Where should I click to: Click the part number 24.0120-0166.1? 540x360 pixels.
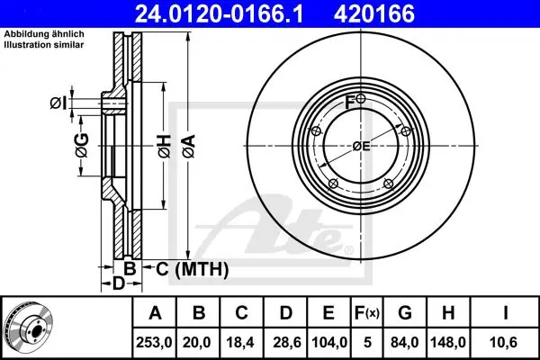tap(219, 13)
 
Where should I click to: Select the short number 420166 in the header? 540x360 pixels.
tap(374, 13)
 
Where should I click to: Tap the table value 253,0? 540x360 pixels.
tap(154, 342)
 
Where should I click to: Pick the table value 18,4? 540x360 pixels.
tap(240, 342)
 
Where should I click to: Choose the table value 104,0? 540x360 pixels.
tap(329, 342)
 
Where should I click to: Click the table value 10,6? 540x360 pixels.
tap(506, 342)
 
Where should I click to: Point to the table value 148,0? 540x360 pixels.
tap(448, 342)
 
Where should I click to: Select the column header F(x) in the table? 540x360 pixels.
tap(367, 313)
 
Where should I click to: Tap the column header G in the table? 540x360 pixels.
tap(405, 313)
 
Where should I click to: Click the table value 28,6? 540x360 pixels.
tap(287, 342)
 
